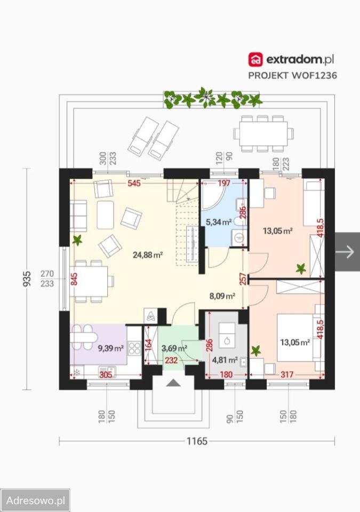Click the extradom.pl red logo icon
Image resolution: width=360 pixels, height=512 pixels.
255,60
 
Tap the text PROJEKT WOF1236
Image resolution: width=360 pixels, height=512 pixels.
292,75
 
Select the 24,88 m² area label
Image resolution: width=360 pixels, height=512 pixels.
148,255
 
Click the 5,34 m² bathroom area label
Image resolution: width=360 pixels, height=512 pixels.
219,222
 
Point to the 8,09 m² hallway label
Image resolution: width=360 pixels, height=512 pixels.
222,296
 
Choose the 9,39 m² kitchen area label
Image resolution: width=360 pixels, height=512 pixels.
111,348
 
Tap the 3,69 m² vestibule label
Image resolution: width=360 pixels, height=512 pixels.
174,348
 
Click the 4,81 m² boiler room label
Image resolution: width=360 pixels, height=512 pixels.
225,360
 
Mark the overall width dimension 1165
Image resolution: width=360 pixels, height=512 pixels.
197,441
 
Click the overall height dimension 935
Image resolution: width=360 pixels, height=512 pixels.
27,278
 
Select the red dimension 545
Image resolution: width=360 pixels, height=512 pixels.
134,183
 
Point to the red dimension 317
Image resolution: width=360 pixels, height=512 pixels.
287,374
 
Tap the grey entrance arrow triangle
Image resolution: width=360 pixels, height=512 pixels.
173,383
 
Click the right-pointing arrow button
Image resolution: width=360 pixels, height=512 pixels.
347,252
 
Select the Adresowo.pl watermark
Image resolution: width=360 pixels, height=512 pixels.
35,500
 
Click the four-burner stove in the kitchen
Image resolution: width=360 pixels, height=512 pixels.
134,348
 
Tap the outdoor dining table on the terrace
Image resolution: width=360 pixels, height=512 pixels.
263,133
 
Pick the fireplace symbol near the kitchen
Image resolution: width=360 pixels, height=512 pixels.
151,316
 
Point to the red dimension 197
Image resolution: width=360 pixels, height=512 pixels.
224,183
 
